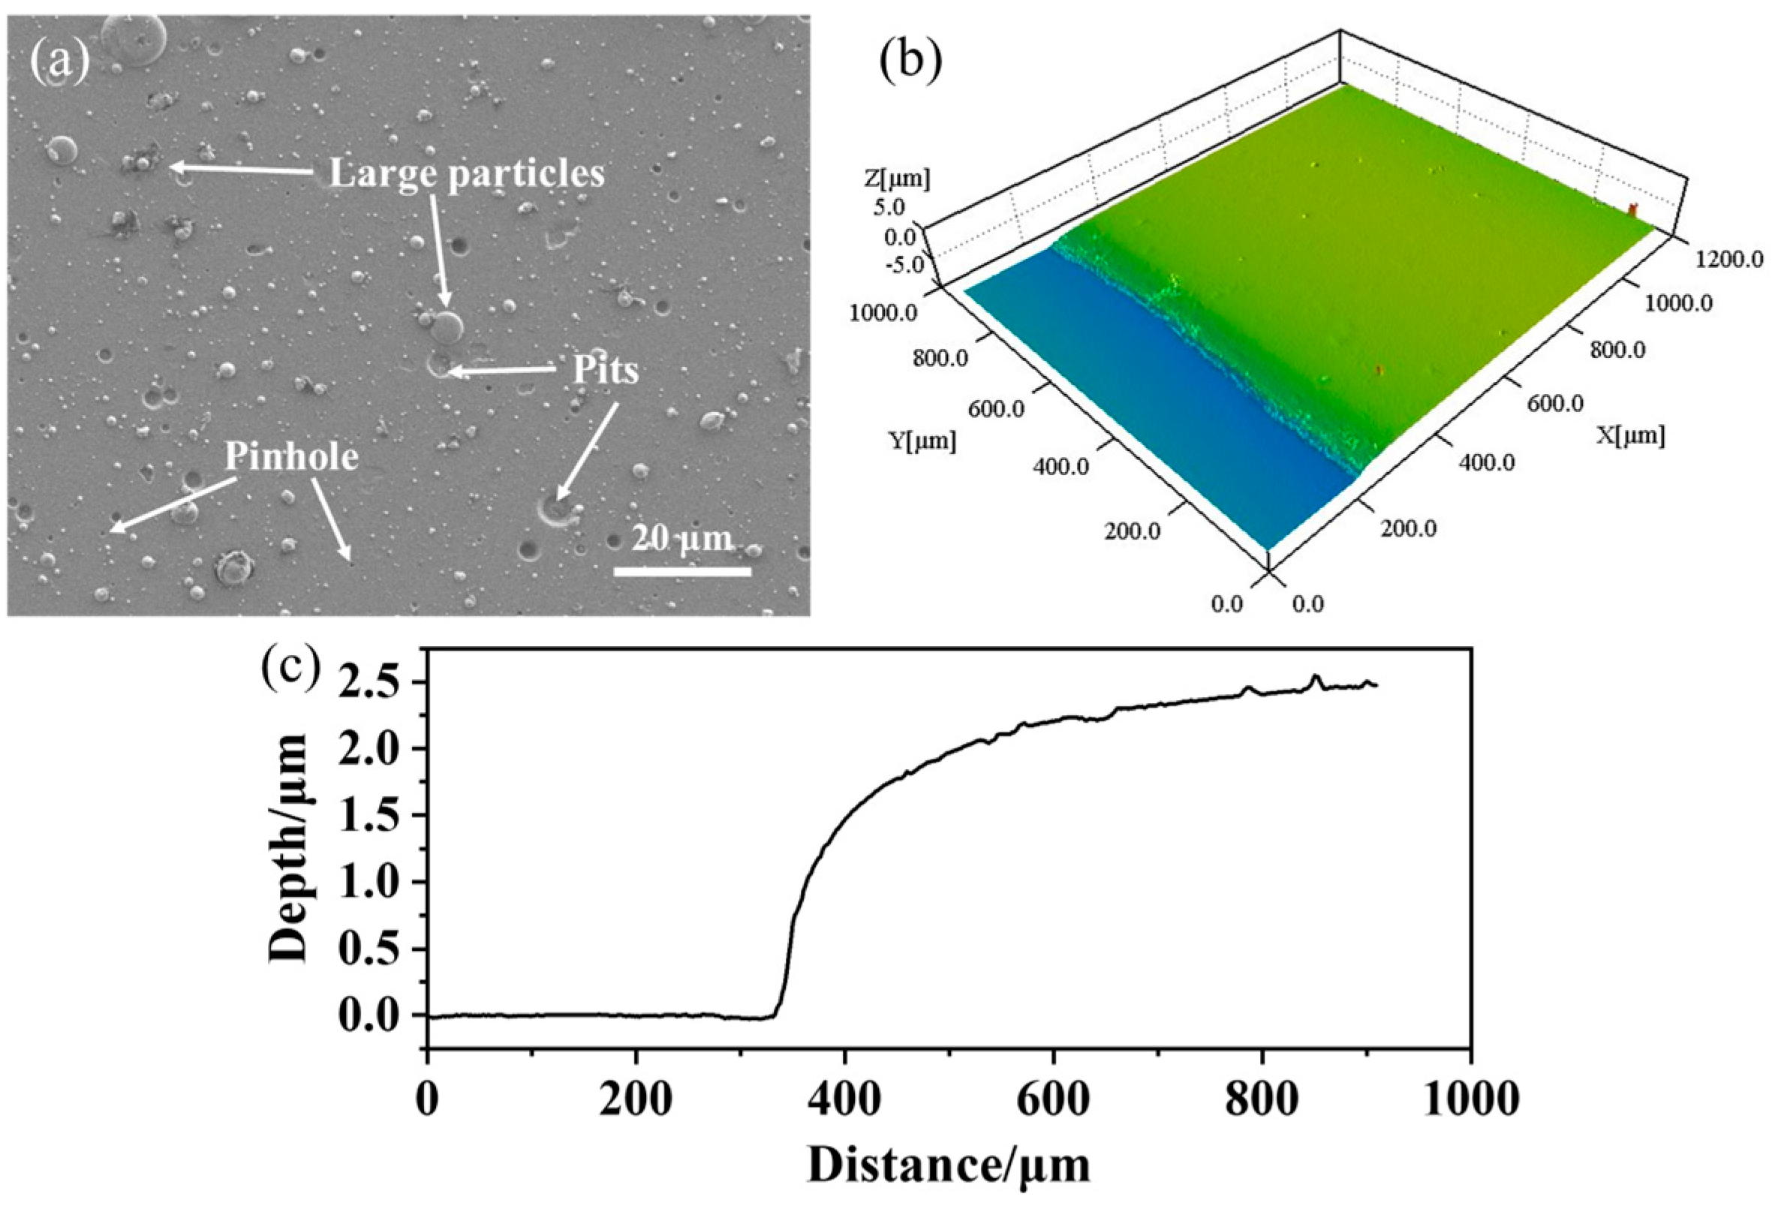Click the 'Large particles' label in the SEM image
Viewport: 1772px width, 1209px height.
pos(467,174)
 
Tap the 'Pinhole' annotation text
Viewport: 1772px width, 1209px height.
pos(291,457)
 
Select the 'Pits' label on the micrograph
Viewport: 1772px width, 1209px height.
pos(606,371)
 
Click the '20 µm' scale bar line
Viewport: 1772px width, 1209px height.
pos(682,570)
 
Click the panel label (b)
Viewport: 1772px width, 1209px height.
pos(910,61)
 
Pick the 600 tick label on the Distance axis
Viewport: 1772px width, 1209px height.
pos(1054,1102)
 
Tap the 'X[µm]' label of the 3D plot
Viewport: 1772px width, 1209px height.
pos(1630,436)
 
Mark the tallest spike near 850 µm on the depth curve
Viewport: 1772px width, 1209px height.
pos(1314,676)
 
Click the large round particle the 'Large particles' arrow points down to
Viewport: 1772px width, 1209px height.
pos(447,327)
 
